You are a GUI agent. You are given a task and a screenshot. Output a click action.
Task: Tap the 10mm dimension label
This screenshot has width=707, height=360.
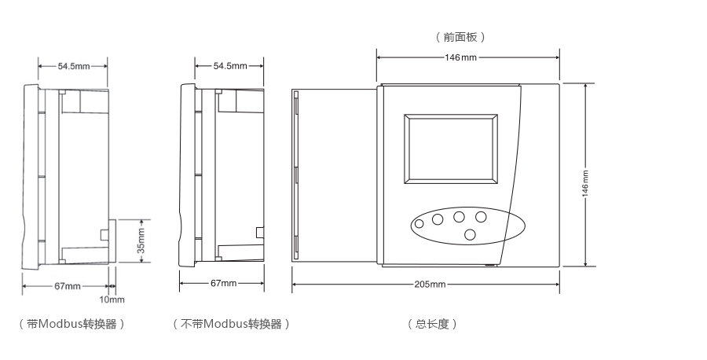click(112, 299)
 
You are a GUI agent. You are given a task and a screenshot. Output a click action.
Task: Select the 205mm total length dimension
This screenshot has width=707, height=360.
click(430, 284)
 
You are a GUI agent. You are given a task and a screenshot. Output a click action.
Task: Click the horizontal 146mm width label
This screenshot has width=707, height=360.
click(461, 57)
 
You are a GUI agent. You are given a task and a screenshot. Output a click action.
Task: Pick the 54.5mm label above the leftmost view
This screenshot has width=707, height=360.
click(73, 66)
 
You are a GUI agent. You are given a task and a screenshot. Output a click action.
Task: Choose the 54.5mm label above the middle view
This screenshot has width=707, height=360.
click(229, 66)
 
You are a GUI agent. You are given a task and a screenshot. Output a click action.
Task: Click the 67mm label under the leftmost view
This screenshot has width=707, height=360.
click(68, 286)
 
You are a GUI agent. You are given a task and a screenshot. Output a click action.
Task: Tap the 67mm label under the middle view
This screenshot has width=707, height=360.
click(224, 283)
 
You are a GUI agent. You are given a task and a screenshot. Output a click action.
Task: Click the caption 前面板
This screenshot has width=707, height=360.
click(460, 37)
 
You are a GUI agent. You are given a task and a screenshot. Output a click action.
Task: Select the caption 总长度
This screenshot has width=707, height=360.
click(431, 324)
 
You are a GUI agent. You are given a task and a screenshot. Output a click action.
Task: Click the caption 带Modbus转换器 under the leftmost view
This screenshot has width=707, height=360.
click(71, 324)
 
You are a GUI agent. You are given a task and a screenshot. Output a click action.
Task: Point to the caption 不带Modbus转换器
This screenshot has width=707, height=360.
click(231, 324)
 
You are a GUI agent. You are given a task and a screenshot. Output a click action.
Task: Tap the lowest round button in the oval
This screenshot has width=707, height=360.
click(470, 234)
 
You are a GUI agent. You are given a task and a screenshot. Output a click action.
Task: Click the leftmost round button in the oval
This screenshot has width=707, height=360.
click(419, 224)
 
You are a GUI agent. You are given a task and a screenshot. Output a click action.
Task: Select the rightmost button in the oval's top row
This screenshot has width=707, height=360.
click(481, 216)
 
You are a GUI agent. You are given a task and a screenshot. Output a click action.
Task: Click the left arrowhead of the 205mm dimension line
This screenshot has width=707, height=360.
click(295, 284)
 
